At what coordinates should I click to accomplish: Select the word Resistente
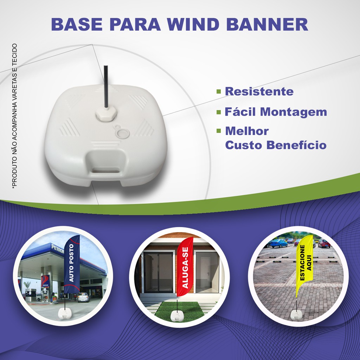(x=259, y=91)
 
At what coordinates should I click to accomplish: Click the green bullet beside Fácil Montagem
(x=219, y=112)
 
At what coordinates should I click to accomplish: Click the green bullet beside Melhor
(x=219, y=131)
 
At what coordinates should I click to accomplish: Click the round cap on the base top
(x=122, y=133)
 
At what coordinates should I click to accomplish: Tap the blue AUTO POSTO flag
(x=72, y=265)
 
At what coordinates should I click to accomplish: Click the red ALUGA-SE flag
(x=185, y=267)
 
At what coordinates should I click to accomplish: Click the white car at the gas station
(x=83, y=297)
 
